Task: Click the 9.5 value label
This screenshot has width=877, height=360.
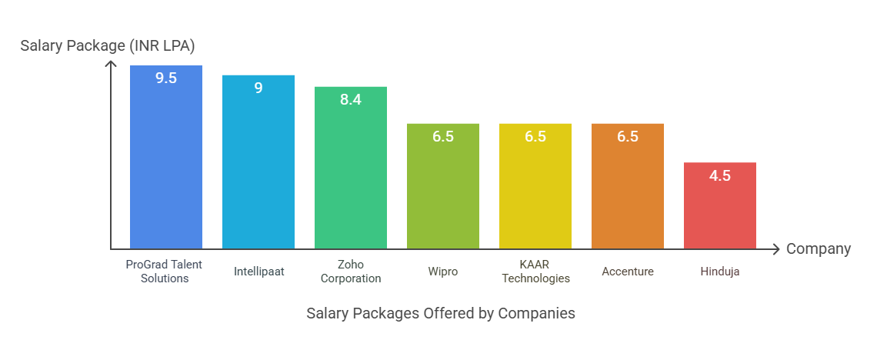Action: coord(166,78)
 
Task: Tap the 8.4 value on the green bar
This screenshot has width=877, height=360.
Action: coord(351,99)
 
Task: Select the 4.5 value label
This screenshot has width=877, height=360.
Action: coord(720,175)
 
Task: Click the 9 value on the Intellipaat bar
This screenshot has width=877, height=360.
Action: coord(258,88)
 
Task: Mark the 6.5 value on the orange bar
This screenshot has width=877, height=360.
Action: coord(628,137)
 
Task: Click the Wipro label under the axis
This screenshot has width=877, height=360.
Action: coord(443,272)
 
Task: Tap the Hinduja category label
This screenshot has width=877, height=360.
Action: coord(720,272)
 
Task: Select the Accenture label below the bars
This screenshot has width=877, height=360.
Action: coord(628,272)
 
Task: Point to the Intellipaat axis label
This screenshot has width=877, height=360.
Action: coord(258,272)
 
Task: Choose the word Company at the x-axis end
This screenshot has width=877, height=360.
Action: coord(819,249)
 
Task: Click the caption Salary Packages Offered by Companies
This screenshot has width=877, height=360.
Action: coord(441,313)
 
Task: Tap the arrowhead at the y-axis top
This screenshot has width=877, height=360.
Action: coord(112,65)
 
